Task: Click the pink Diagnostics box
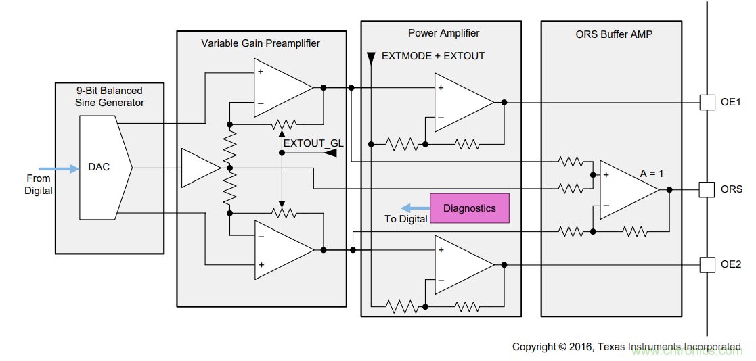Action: click(469, 208)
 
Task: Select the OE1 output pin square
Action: click(707, 103)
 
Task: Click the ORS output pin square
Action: click(707, 189)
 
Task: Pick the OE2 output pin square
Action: click(707, 264)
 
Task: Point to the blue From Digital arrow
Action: click(59, 168)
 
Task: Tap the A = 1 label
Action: click(652, 174)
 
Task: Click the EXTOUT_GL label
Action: click(313, 143)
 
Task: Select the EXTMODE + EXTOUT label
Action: click(433, 56)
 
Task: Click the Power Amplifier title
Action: click(443, 33)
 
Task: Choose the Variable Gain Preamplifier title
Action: click(261, 43)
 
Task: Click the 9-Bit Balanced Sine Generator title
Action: click(110, 97)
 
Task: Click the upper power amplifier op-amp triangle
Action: click(462, 102)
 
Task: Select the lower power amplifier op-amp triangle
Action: click(462, 264)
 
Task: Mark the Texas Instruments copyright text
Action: click(626, 347)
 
